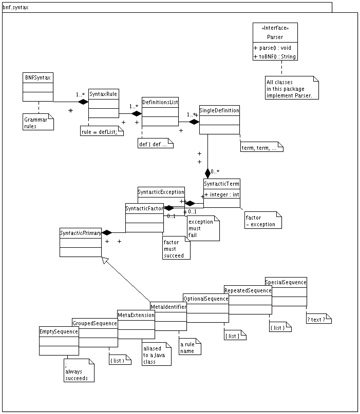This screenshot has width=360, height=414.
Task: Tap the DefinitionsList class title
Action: pyautogui.click(x=160, y=102)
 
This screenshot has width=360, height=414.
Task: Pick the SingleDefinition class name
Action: pyautogui.click(x=219, y=110)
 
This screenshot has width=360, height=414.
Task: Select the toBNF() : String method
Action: pyautogui.click(x=275, y=56)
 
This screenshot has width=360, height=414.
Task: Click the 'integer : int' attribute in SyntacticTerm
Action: pyautogui.click(x=222, y=194)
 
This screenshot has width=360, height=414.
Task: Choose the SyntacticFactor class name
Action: pyautogui.click(x=144, y=208)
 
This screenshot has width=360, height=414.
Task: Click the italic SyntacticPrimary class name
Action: pyautogui.click(x=81, y=233)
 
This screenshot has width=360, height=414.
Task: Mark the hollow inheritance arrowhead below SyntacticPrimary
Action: pyautogui.click(x=104, y=261)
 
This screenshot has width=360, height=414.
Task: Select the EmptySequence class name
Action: pyautogui.click(x=59, y=331)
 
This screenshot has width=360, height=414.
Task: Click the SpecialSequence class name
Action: pyautogui.click(x=286, y=282)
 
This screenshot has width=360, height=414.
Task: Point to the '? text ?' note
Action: pyautogui.click(x=318, y=320)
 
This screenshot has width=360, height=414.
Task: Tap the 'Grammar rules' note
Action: pyautogui.click(x=37, y=122)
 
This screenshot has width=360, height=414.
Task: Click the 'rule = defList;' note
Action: pyautogui.click(x=102, y=132)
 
